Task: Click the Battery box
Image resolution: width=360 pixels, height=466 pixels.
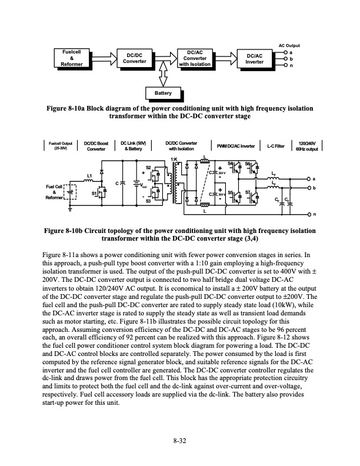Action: coord(163,93)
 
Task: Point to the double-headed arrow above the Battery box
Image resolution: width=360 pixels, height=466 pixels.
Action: coord(163,77)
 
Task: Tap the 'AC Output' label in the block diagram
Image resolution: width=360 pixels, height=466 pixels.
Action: coord(289,45)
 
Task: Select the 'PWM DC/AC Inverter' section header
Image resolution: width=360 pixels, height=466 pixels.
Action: coord(235,145)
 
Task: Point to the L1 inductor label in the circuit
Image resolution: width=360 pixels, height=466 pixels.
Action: coord(89,175)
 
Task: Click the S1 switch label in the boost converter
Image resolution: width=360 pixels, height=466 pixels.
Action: coord(94,192)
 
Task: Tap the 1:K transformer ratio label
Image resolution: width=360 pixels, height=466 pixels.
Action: coord(174,159)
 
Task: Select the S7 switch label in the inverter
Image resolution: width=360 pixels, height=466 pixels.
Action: coord(248,192)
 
